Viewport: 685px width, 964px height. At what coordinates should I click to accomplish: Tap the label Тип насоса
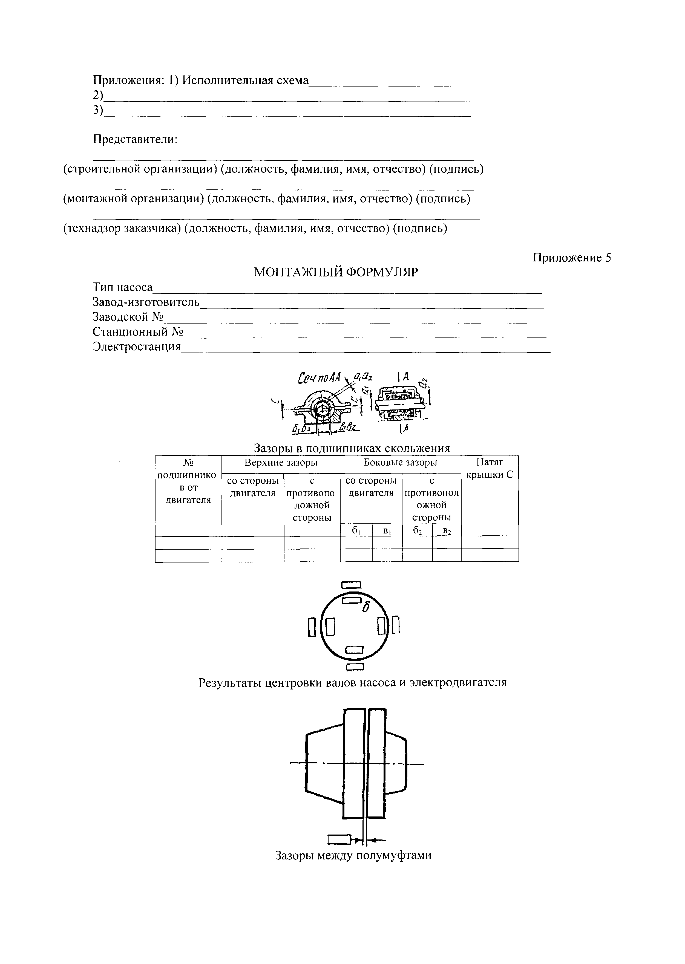click(122, 288)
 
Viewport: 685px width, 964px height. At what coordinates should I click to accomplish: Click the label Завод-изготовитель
click(146, 302)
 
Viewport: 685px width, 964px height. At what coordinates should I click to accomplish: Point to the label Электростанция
click(137, 347)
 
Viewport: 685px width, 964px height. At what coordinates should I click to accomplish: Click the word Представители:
click(135, 139)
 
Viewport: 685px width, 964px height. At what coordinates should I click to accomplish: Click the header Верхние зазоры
click(281, 463)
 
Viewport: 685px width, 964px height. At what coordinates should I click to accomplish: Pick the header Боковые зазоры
click(400, 463)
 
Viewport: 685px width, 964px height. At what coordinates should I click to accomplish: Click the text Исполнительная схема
click(246, 80)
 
